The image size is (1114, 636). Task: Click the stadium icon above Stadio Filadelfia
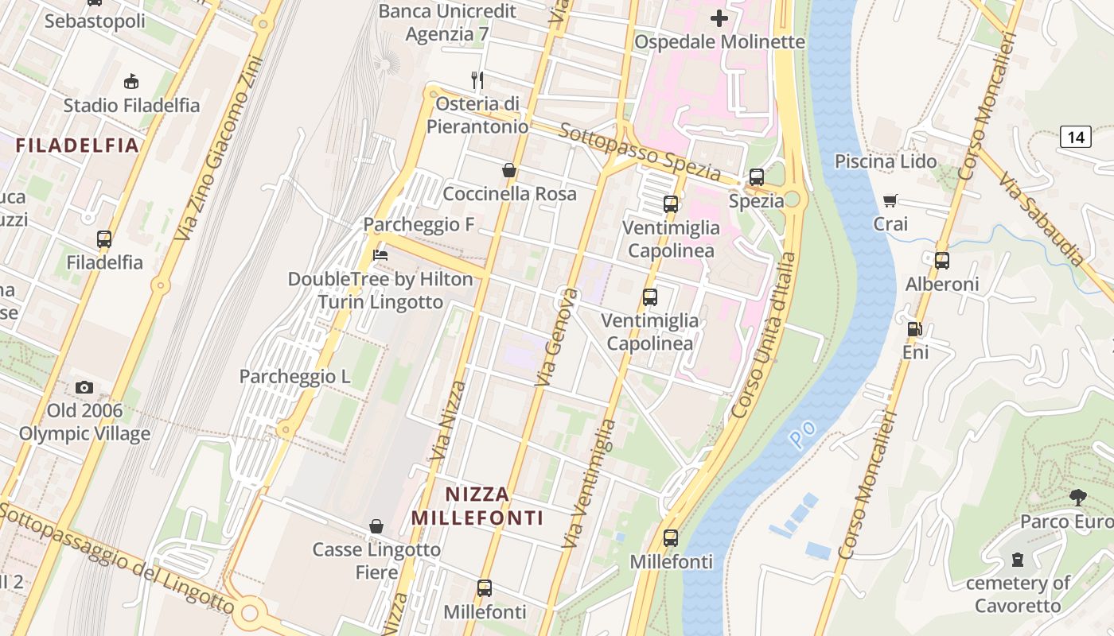(x=131, y=81)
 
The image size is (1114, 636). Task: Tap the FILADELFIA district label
(x=77, y=145)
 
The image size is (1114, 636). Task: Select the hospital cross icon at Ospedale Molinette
(x=719, y=17)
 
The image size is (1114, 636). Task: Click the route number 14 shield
(x=1075, y=137)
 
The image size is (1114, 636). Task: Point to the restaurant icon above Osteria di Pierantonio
(x=477, y=79)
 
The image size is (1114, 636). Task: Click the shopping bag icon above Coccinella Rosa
(x=509, y=170)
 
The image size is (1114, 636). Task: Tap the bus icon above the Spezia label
(x=756, y=177)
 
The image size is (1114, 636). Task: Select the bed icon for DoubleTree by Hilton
(x=380, y=255)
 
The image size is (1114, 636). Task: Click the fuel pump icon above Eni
(x=915, y=328)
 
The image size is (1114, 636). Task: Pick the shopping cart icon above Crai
(x=890, y=201)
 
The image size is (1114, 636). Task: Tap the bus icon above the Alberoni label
(x=942, y=260)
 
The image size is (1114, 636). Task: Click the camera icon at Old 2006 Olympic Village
(x=84, y=387)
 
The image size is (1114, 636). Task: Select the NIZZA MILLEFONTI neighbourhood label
(x=477, y=506)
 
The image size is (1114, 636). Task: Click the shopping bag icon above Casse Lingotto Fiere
(x=376, y=526)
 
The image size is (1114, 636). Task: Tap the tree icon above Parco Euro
(x=1078, y=498)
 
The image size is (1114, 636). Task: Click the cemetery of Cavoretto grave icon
(x=1018, y=560)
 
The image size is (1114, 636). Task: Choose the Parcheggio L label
(x=294, y=377)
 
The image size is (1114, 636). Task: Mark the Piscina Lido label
(x=885, y=161)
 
